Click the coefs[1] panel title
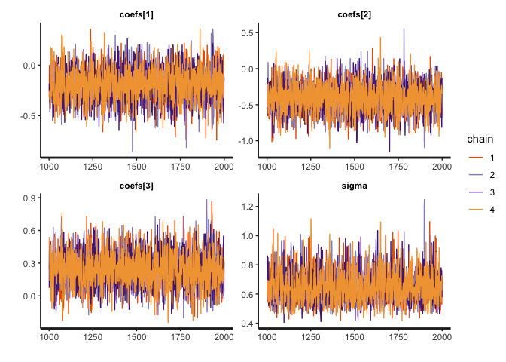(x=136, y=14)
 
